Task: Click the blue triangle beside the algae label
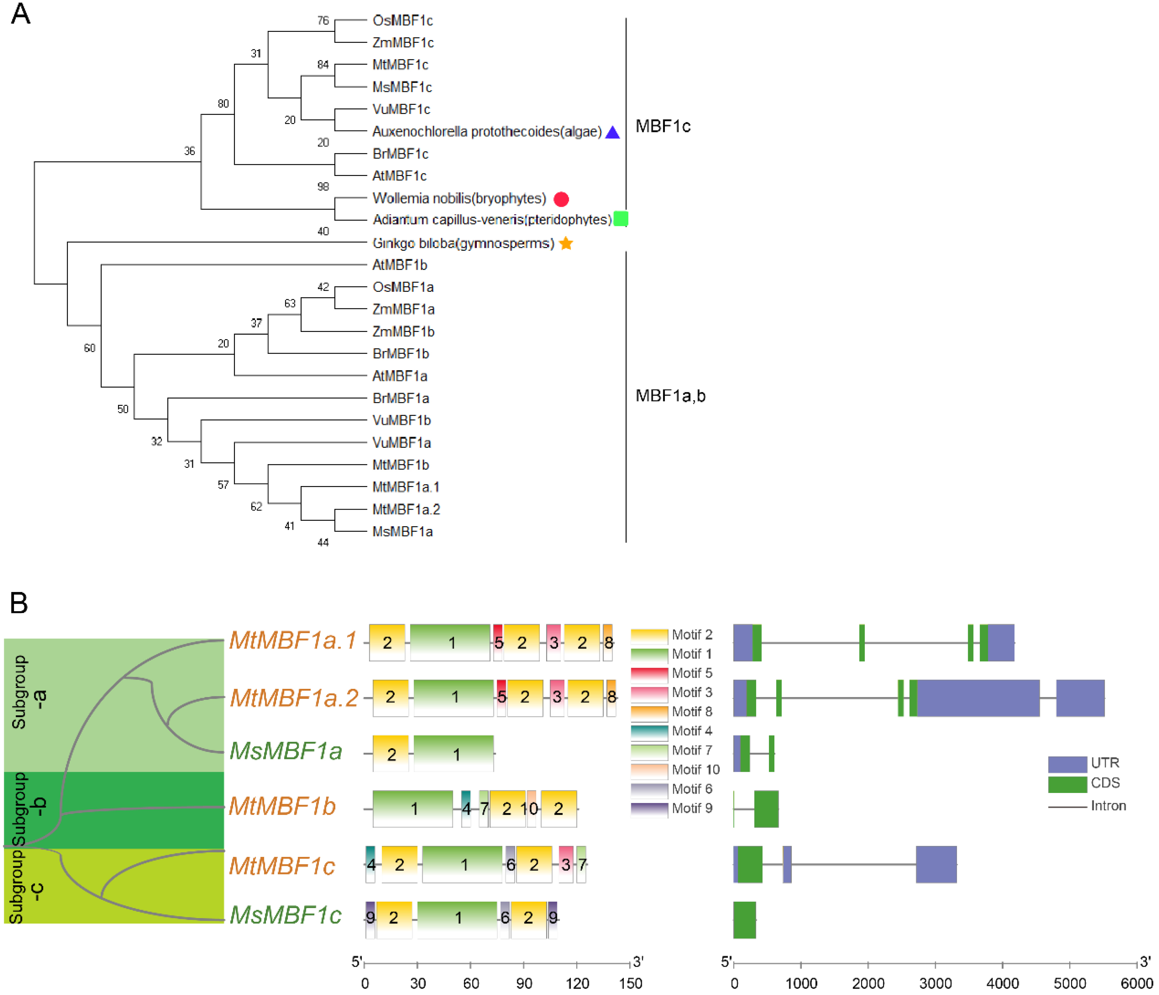tap(612, 133)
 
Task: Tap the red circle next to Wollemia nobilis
tap(561, 198)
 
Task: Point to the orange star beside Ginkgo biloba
tap(566, 244)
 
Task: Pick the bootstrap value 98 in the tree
tap(323, 186)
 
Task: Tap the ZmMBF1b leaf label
tap(403, 331)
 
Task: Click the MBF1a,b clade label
tap(670, 396)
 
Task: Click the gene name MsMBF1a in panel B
tap(286, 751)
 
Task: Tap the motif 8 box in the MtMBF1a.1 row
tap(608, 642)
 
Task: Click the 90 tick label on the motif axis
tap(524, 983)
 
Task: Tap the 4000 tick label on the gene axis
tap(1002, 983)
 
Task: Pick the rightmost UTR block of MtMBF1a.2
tap(1080, 698)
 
